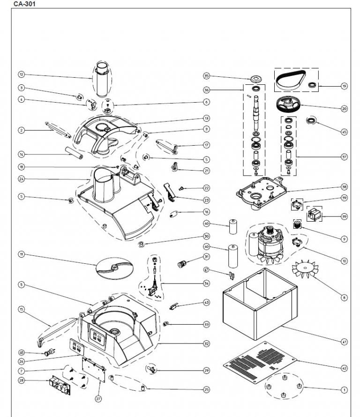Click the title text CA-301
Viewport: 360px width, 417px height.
[x=24, y=4]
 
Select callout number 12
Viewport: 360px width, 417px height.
[x=21, y=74]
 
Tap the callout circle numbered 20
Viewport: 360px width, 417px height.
[x=344, y=108]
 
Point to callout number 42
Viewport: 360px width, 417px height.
[x=344, y=368]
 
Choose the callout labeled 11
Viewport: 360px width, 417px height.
[x=21, y=254]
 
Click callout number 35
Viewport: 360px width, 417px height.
[x=206, y=76]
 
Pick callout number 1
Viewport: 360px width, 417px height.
[x=344, y=389]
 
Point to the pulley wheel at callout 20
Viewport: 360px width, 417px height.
[x=288, y=104]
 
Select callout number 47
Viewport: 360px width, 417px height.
[x=206, y=269]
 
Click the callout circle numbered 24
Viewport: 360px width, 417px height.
[x=21, y=179]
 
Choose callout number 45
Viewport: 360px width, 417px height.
[x=344, y=132]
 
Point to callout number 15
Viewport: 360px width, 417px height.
[x=21, y=309]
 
